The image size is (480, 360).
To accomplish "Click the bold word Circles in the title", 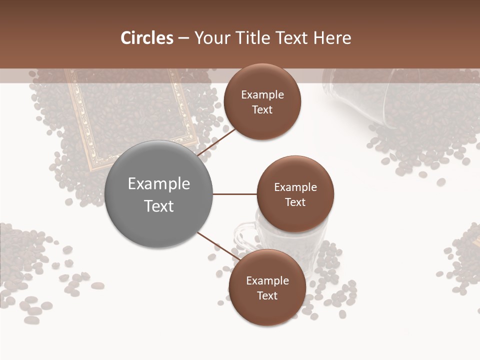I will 146,38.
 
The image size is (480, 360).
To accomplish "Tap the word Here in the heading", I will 332,38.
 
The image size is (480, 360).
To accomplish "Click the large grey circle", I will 158,194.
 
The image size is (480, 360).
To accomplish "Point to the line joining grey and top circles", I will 216,142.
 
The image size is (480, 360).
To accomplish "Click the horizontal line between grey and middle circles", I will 234,194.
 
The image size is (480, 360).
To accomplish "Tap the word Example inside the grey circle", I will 158,183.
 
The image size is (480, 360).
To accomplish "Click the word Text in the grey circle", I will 158,206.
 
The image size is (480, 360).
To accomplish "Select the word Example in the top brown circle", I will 262,94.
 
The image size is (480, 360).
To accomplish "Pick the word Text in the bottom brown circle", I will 267,295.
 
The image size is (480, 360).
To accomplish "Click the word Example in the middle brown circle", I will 295,187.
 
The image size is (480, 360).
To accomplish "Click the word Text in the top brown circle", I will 262,109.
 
